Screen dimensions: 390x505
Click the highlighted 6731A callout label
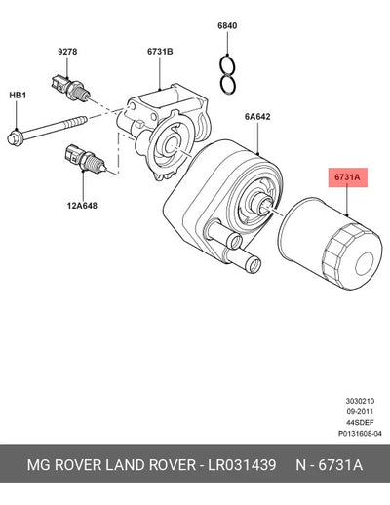click(x=347, y=177)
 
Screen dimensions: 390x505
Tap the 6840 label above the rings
click(x=227, y=25)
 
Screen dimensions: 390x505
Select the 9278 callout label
click(x=67, y=52)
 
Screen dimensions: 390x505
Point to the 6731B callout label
click(x=160, y=52)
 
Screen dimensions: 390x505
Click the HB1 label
click(x=18, y=96)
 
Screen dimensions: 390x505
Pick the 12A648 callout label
click(x=82, y=206)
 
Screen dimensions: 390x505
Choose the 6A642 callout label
click(x=257, y=116)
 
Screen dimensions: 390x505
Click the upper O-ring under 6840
click(x=227, y=65)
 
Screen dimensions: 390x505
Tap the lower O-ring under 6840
click(x=227, y=84)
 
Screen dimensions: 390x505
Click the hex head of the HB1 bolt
click(x=14, y=137)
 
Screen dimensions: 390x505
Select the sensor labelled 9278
click(x=70, y=87)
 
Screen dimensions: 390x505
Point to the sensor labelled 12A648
click(x=85, y=159)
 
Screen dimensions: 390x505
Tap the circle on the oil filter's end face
click(x=367, y=263)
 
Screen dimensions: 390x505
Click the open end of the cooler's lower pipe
click(x=253, y=263)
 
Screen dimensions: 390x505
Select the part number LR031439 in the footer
click(x=242, y=465)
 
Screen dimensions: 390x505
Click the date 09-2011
click(x=360, y=411)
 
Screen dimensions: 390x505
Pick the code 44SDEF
click(x=360, y=422)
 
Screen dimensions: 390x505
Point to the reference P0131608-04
click(x=360, y=434)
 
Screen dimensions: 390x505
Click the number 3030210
click(x=360, y=401)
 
